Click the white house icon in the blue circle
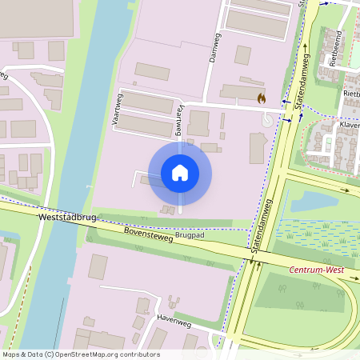point(180,172)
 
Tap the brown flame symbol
point(261,98)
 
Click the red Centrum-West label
point(316,270)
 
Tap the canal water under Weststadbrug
point(64,232)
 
